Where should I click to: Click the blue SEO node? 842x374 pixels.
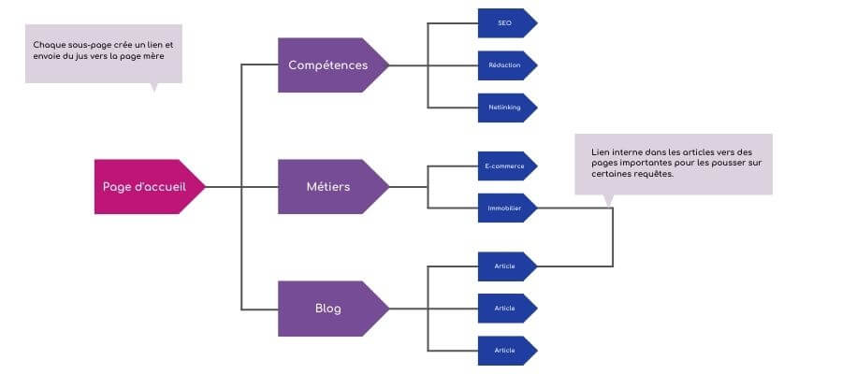pos(507,23)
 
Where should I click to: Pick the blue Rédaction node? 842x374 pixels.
pos(507,65)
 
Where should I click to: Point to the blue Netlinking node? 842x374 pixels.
pos(507,108)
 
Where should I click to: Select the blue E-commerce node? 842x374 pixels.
pos(507,165)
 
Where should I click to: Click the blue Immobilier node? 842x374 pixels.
pos(507,208)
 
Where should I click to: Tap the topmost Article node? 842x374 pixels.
pos(507,266)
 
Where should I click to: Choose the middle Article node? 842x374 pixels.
pos(507,309)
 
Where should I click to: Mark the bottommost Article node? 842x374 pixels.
pos(507,351)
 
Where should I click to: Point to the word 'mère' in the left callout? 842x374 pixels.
pos(153,56)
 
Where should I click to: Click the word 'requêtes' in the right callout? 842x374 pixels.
pos(654,174)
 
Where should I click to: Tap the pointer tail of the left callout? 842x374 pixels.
pos(154,88)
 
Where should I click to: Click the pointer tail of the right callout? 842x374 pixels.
pos(608,200)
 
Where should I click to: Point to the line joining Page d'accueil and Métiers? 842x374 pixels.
pos(241,187)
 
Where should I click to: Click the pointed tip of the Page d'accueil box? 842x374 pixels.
pos(205,187)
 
